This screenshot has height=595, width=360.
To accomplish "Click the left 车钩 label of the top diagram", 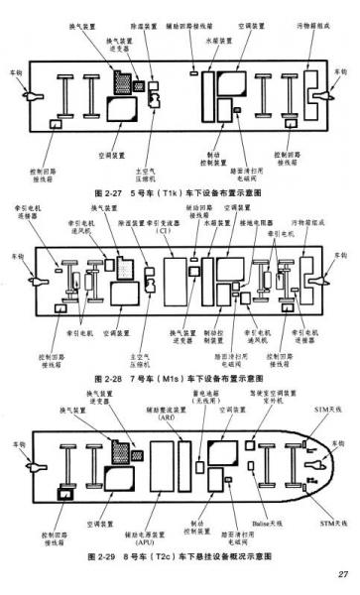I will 14,71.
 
